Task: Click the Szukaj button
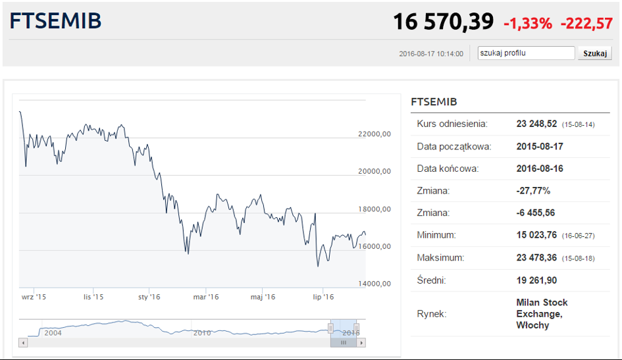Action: point(594,53)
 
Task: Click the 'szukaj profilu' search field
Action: point(526,53)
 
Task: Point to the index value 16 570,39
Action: point(443,22)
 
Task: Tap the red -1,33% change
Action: point(528,24)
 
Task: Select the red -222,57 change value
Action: point(586,24)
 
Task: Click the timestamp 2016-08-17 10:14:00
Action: point(431,54)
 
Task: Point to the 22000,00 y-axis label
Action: point(375,134)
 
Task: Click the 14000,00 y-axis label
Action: point(375,284)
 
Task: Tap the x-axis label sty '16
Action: point(149,297)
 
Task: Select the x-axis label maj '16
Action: point(263,297)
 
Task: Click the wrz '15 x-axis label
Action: point(34,297)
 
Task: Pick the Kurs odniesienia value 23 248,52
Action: point(536,124)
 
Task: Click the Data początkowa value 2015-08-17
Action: point(540,146)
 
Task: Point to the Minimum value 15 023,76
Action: point(536,235)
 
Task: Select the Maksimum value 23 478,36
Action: point(536,258)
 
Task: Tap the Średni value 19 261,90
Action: point(536,280)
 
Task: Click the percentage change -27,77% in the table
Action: point(534,191)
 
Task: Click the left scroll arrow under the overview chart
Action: point(24,342)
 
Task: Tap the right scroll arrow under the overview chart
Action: point(361,342)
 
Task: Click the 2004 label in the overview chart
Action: point(53,332)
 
